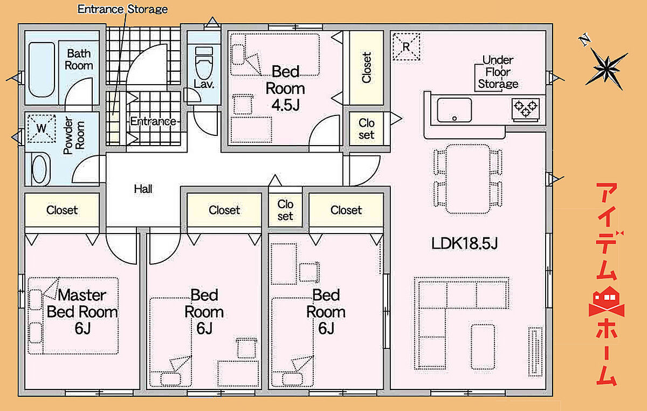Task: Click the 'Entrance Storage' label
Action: pyautogui.click(x=122, y=9)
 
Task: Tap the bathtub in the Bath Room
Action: pyautogui.click(x=42, y=70)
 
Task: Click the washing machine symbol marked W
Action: pyautogui.click(x=42, y=128)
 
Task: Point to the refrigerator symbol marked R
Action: pyautogui.click(x=406, y=46)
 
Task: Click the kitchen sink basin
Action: pyautogui.click(x=455, y=110)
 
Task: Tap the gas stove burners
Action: pyautogui.click(x=525, y=109)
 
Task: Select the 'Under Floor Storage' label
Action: pyautogui.click(x=498, y=72)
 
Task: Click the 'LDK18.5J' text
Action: pyautogui.click(x=464, y=243)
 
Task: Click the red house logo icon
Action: pyautogui.click(x=607, y=302)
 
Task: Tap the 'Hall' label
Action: pyautogui.click(x=143, y=189)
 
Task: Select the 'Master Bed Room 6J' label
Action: pyautogui.click(x=82, y=312)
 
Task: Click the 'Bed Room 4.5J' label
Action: pyautogui.click(x=285, y=88)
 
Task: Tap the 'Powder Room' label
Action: pyautogui.click(x=74, y=135)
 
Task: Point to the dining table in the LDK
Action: pyautogui.click(x=468, y=179)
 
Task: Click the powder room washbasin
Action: pyautogui.click(x=39, y=169)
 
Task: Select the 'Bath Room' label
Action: pyautogui.click(x=79, y=59)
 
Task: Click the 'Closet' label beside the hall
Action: pyautogui.click(x=62, y=210)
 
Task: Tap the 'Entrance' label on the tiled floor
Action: pyautogui.click(x=153, y=121)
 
